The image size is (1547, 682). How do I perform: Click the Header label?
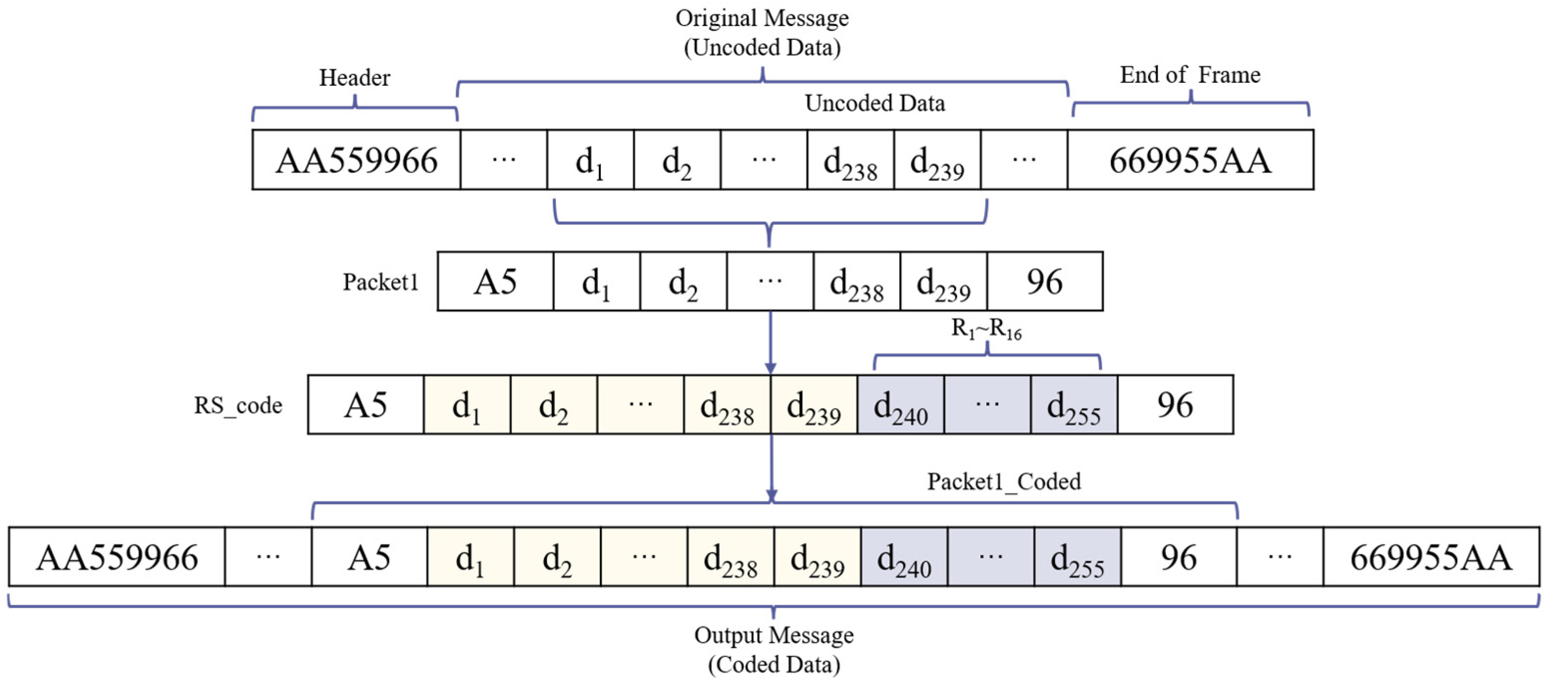(x=354, y=78)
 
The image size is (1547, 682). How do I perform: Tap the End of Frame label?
(x=1190, y=75)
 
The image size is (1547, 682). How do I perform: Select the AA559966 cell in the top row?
(x=356, y=160)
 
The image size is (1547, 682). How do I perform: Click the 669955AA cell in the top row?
(x=1190, y=160)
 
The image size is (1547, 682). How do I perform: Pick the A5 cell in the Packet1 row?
(x=495, y=281)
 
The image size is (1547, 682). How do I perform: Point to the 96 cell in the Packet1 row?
(x=1044, y=281)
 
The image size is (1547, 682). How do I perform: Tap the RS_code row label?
(x=238, y=405)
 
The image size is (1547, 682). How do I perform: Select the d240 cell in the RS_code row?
(x=900, y=405)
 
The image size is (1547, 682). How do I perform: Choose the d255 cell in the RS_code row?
(x=1074, y=405)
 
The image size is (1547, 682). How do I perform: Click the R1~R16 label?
(x=986, y=329)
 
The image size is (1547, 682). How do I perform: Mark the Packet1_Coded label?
(x=1004, y=481)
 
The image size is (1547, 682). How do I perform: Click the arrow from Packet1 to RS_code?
(x=771, y=342)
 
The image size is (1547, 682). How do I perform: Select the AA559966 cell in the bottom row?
(x=117, y=557)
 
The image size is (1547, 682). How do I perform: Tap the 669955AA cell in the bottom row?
(x=1431, y=557)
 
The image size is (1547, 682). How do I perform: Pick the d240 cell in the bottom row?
(x=904, y=557)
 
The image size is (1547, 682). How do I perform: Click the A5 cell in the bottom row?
(x=369, y=557)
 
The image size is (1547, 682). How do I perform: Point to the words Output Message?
(x=773, y=635)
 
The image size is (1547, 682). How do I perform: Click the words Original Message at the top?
(x=762, y=18)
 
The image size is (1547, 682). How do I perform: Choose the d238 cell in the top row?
(x=850, y=160)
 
